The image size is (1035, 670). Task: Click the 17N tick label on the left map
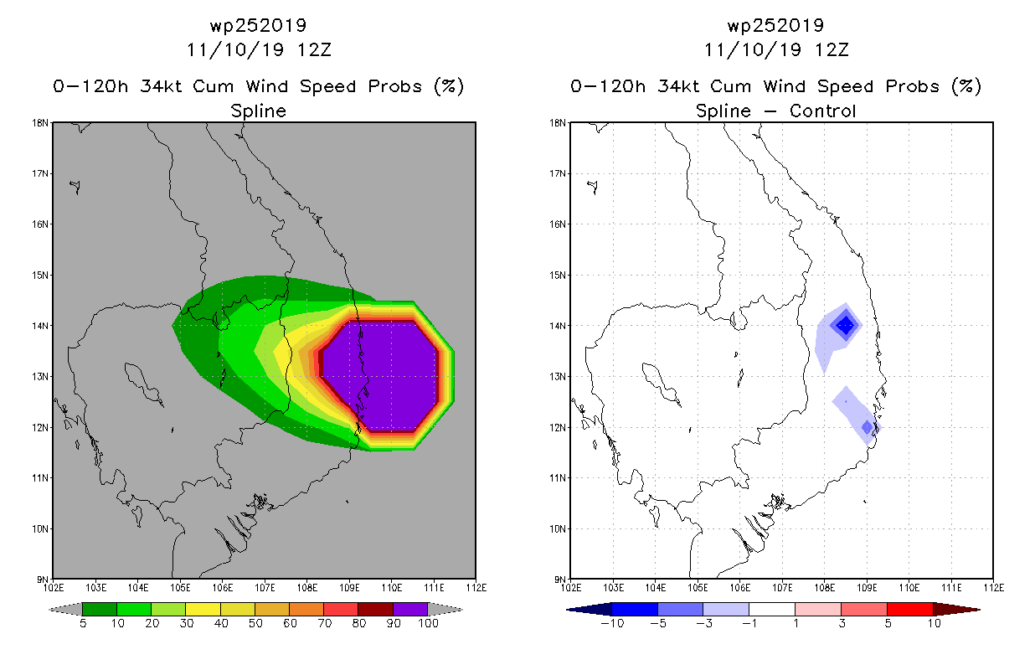pyautogui.click(x=39, y=173)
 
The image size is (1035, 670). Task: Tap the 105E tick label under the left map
pyautogui.click(x=180, y=588)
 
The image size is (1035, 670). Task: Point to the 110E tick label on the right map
pyautogui.click(x=909, y=588)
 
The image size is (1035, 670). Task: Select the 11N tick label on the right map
pyautogui.click(x=557, y=477)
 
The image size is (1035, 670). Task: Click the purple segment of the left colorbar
pyautogui.click(x=410, y=609)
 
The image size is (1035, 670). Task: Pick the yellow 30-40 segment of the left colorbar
pyautogui.click(x=203, y=609)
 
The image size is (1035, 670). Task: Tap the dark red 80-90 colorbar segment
pyautogui.click(x=376, y=609)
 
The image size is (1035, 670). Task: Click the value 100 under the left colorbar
pyautogui.click(x=428, y=623)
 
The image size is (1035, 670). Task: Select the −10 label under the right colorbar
pyautogui.click(x=612, y=623)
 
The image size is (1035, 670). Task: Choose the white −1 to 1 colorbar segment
pyautogui.click(x=772, y=609)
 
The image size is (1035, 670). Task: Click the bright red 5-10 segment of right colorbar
pyautogui.click(x=910, y=609)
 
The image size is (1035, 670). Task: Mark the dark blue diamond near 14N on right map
pyautogui.click(x=846, y=325)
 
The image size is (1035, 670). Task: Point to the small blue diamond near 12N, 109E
pyautogui.click(x=867, y=427)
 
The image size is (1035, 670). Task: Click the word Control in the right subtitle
pyautogui.click(x=822, y=111)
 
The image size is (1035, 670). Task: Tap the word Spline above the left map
pyautogui.click(x=258, y=111)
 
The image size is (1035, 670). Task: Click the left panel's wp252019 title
pyautogui.click(x=258, y=25)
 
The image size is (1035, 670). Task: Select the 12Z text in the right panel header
pyautogui.click(x=832, y=50)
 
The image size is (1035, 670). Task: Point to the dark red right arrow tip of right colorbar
pyautogui.click(x=979, y=610)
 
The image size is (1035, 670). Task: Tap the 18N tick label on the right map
pyautogui.click(x=557, y=123)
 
